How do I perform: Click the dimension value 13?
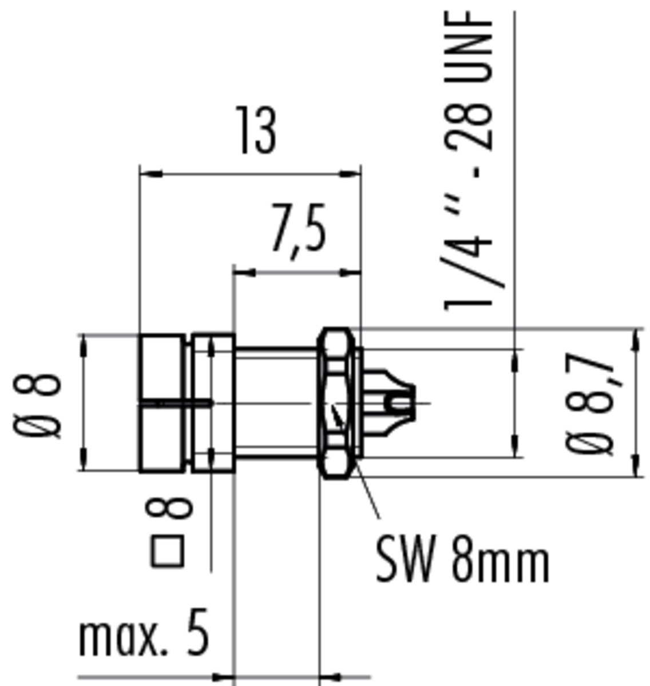coord(256,130)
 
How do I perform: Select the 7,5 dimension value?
coord(298,232)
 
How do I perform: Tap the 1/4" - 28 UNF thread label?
coord(469,161)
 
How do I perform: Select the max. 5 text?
coord(144,633)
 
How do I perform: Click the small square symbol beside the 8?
coord(167,551)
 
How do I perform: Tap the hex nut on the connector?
coord(336,403)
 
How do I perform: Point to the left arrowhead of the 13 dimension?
coord(151,173)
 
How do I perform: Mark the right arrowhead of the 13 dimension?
coord(350,173)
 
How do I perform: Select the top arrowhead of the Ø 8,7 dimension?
coord(636,340)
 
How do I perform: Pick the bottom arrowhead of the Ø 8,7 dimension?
coord(636,465)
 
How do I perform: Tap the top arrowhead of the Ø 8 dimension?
coord(83,345)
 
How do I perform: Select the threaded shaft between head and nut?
coord(276,402)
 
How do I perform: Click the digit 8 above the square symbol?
coord(169,508)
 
